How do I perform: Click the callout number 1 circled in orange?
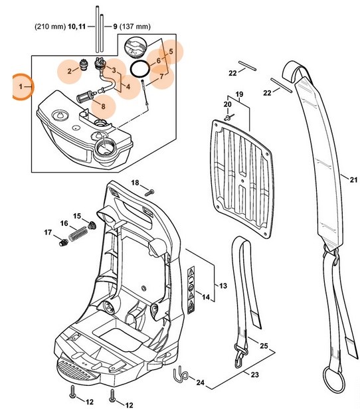coord(21,87)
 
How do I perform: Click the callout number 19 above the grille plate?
coord(239,94)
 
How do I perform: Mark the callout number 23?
coord(255,375)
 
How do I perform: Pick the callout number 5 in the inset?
coord(170,51)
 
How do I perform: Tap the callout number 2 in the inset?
coord(68,70)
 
